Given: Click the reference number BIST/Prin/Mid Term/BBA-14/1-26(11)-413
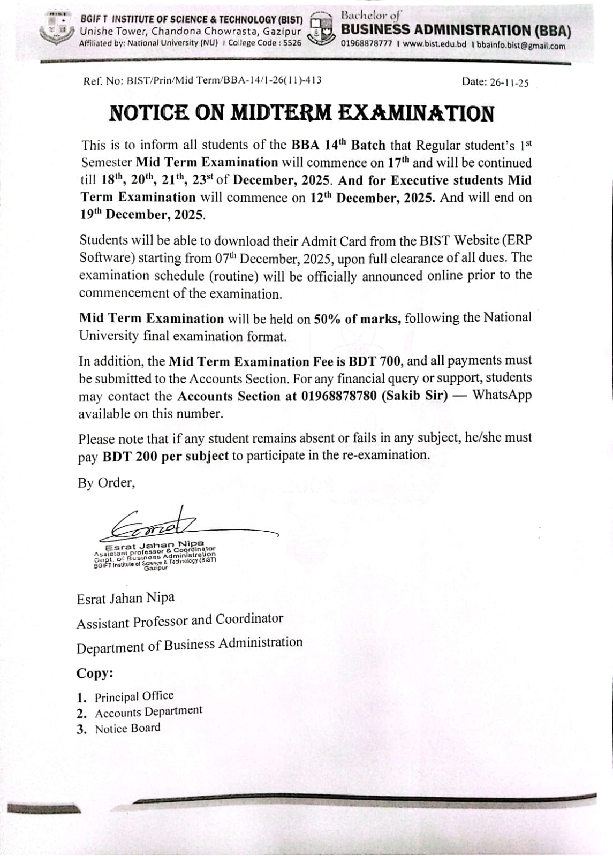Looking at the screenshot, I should click(x=224, y=81).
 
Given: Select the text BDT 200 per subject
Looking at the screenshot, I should click(x=165, y=456).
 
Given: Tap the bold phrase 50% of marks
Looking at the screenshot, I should click(x=357, y=319).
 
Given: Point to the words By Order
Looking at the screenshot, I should click(x=106, y=483).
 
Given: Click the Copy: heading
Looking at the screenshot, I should click(x=95, y=673).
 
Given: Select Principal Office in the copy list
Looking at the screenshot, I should click(x=134, y=696).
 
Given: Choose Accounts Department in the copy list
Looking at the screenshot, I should click(x=148, y=712).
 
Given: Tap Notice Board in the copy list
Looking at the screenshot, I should click(x=127, y=729).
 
